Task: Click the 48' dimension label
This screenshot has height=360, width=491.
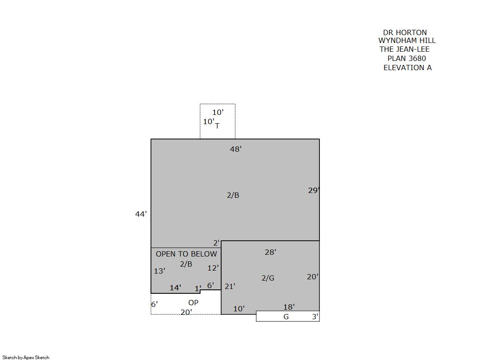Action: point(236,149)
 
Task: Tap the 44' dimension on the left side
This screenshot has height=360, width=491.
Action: point(141,214)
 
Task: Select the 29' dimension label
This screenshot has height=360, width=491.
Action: point(314,190)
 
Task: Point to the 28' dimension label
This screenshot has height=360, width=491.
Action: point(271,252)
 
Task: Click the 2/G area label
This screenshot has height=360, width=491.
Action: point(268,278)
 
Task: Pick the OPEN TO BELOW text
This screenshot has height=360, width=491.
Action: point(186,254)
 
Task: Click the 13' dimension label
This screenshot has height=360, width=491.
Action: point(160,271)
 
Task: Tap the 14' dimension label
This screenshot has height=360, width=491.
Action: point(176,288)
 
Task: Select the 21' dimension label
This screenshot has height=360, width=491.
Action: point(230,286)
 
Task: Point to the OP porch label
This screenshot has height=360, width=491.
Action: point(193,303)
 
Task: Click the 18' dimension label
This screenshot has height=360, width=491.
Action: point(289,307)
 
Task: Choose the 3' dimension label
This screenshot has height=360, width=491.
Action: point(315,317)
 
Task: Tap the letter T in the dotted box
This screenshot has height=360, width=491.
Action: point(217,126)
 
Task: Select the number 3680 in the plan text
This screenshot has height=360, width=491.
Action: point(415,59)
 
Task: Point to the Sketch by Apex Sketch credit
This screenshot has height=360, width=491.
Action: point(26,357)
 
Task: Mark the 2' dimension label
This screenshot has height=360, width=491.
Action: point(216,243)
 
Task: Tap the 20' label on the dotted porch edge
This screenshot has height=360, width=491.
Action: point(186,312)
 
